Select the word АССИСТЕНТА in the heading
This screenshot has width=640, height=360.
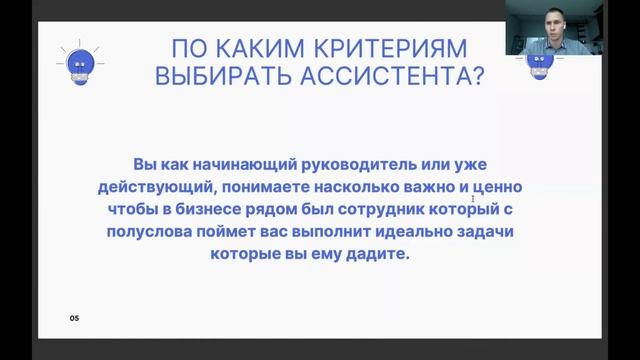390,79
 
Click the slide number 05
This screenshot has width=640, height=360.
74,318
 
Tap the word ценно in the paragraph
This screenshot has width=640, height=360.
471,186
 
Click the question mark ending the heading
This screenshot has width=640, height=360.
477,79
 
